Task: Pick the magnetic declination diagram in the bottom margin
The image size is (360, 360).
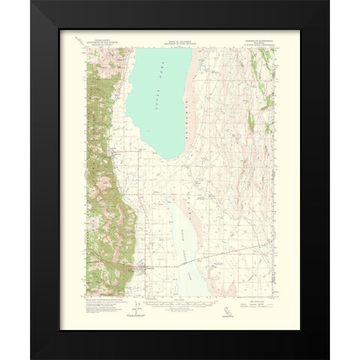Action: pos(134,304)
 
